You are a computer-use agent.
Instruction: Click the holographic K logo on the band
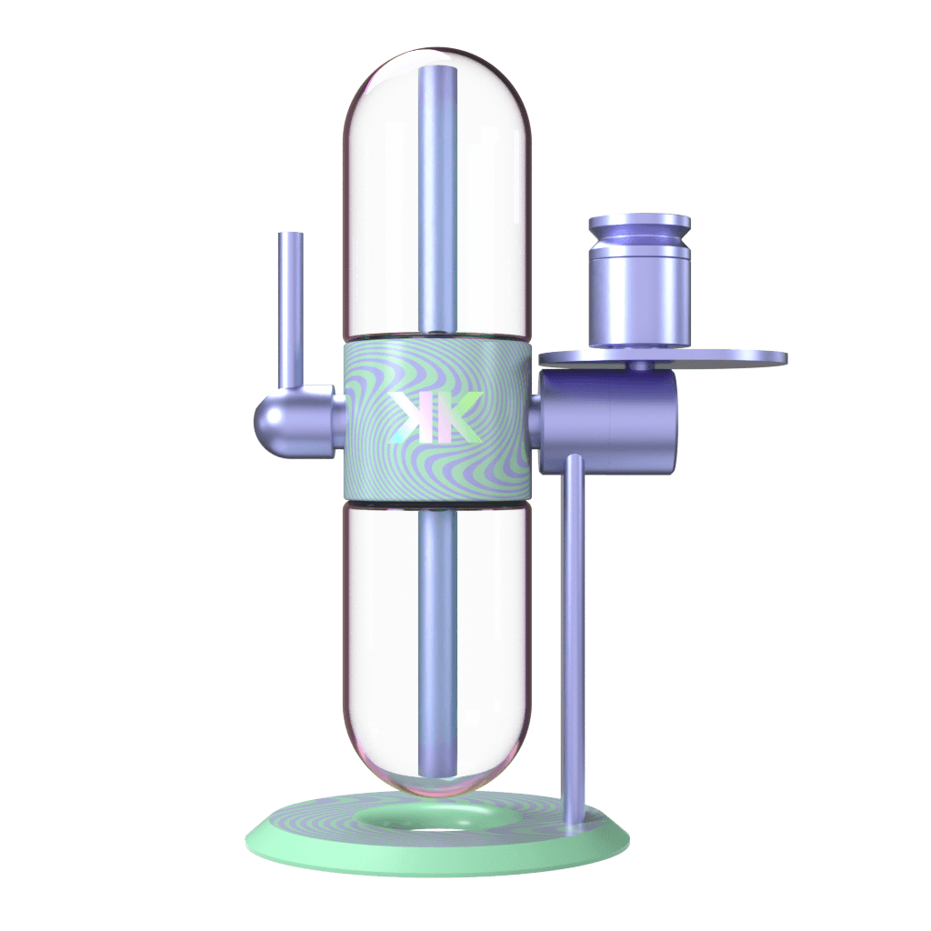[x=437, y=416]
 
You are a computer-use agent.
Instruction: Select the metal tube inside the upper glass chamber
[x=437, y=199]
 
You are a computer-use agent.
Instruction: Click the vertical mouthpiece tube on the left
[x=290, y=310]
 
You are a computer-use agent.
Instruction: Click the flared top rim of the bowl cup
[x=639, y=224]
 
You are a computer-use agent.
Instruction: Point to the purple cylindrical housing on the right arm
[x=608, y=422]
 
